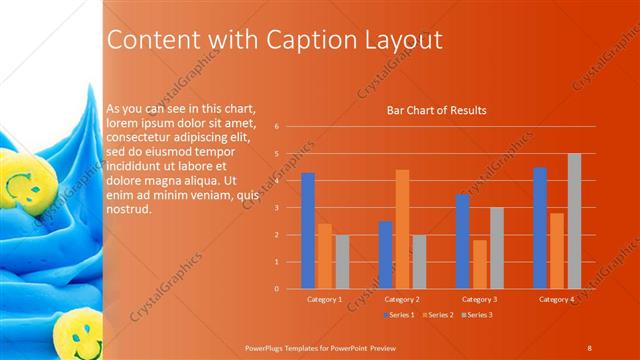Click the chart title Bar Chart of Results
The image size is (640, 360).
tap(437, 110)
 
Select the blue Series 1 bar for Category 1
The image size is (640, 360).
tap(308, 230)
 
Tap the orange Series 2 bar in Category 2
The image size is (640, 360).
tap(402, 229)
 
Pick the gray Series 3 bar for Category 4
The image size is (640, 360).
tap(574, 221)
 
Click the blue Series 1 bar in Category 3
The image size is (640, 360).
tap(462, 241)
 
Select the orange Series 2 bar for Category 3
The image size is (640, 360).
tap(480, 264)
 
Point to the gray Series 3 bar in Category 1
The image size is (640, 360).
tap(343, 262)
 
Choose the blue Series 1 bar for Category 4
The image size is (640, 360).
tap(540, 228)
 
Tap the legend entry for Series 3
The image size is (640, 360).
tap(477, 315)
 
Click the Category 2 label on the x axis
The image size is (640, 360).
tap(402, 299)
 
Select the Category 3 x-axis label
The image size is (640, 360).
tap(480, 299)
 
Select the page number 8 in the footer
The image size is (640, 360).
tap(590, 346)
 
